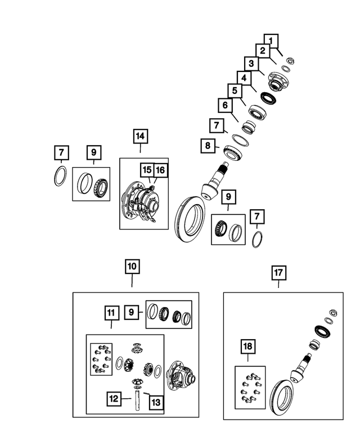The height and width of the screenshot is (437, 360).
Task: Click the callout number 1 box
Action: click(272, 40)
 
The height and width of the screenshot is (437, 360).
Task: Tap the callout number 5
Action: click(235, 91)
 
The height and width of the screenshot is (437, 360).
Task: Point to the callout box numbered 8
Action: click(208, 146)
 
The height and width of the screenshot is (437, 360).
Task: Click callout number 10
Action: click(132, 266)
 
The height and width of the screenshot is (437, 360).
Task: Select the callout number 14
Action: click(140, 136)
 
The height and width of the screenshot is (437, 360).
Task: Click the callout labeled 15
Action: click(146, 170)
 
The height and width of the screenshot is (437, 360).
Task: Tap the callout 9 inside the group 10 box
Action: click(132, 312)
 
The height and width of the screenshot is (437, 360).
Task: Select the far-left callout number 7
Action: click(61, 152)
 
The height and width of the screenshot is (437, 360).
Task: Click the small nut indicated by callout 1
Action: click(290, 60)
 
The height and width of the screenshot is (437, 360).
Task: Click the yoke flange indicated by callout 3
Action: click(277, 82)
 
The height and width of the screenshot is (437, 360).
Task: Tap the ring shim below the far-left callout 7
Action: click(60, 176)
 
